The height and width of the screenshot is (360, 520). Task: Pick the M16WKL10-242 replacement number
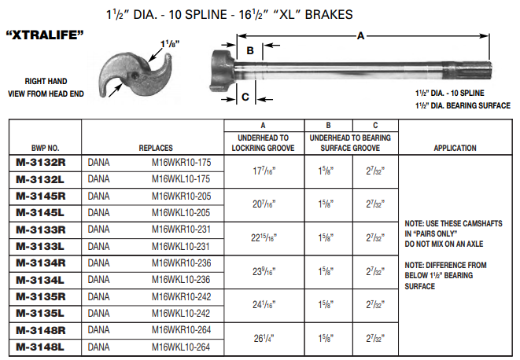tap(181, 313)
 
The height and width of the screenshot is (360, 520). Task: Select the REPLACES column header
tap(156, 148)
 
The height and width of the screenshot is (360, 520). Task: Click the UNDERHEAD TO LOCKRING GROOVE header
tap(263, 142)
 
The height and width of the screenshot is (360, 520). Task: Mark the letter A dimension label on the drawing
tap(360, 35)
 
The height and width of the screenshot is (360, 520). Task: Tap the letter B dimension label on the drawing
tap(249, 51)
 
